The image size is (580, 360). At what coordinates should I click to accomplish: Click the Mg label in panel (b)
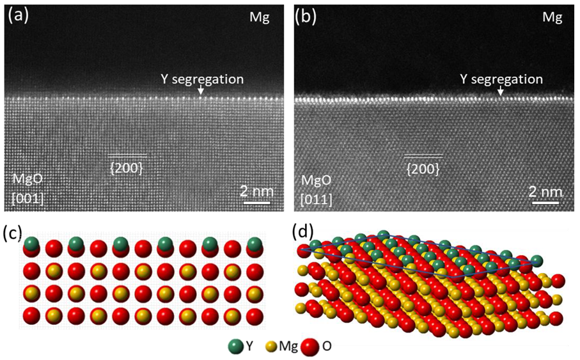click(x=552, y=17)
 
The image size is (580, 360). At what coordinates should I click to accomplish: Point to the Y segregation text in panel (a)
click(x=202, y=79)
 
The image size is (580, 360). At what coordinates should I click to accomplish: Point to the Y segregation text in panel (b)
click(x=501, y=79)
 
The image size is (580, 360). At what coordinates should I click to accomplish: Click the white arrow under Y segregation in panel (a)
click(x=201, y=92)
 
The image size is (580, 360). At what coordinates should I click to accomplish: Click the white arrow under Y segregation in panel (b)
click(x=500, y=92)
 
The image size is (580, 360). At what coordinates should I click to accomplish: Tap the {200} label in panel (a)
click(x=127, y=167)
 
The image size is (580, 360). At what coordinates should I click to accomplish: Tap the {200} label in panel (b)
click(x=423, y=168)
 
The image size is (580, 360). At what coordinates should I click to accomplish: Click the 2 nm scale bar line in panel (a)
click(x=254, y=204)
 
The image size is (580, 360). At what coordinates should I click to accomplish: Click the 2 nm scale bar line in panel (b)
click(x=545, y=204)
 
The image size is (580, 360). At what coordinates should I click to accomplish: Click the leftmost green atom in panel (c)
click(x=32, y=244)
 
